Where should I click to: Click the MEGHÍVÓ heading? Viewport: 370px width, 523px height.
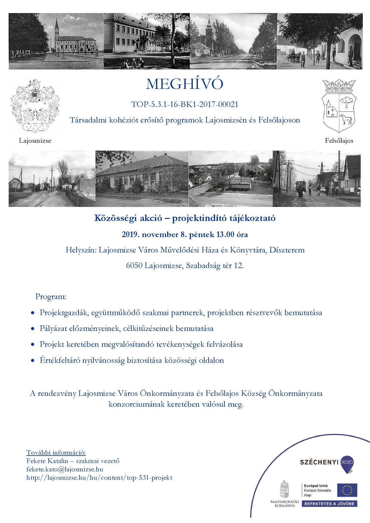coord(184,84)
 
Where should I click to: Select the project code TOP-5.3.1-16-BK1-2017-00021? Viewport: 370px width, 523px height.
coord(185,104)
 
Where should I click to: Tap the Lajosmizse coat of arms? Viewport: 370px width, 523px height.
coord(35,106)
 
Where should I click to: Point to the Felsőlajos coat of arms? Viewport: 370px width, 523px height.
coord(339,106)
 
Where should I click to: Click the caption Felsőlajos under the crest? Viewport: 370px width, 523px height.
coord(339,141)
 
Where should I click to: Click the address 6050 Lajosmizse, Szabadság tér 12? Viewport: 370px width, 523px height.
coord(185,265)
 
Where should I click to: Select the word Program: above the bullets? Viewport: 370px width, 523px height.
coord(51,297)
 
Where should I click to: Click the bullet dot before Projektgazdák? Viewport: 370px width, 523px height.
coord(33,313)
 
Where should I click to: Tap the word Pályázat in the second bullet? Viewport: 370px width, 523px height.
coord(53,329)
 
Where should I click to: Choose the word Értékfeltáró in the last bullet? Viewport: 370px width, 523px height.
coord(60,360)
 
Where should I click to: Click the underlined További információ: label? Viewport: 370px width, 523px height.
coord(56,453)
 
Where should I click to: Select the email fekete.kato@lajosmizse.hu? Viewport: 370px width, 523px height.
coord(65,469)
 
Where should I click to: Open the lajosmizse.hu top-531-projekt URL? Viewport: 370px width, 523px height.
coord(99,477)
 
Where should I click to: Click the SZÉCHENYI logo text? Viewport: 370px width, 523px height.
coord(319,462)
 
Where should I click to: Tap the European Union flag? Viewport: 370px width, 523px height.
coord(347,490)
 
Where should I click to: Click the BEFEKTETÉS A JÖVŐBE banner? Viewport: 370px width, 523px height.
coord(329,504)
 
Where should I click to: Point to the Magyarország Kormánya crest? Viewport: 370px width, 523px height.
coord(284,489)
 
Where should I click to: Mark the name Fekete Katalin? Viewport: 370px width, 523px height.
coord(47,461)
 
